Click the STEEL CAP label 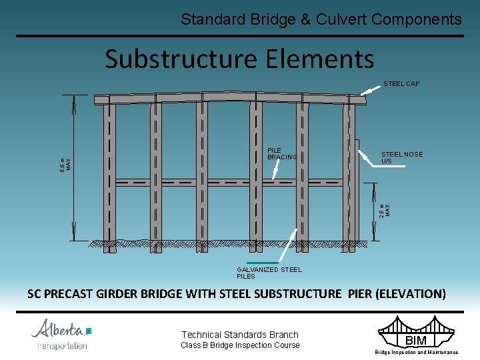[401, 83]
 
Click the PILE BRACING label [282, 154]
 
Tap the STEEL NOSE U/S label [401, 158]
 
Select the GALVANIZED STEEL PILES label [269, 273]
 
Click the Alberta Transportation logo [62, 334]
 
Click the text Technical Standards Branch [240, 335]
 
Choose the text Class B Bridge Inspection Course [240, 345]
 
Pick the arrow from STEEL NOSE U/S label [368, 156]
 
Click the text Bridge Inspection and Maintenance [416, 352]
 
